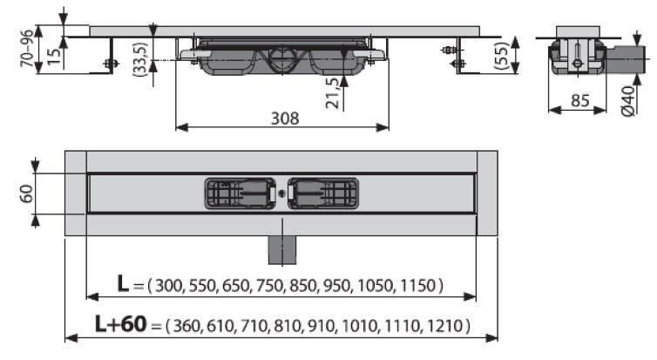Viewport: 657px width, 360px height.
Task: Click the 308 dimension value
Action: [285, 119]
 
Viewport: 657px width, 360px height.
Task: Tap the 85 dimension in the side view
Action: [580, 100]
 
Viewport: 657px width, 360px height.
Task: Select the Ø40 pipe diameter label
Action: [628, 101]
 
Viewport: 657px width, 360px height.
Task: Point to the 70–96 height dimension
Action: [27, 49]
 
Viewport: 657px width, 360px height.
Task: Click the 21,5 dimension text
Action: [333, 93]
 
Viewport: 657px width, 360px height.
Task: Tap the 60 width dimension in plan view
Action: [27, 194]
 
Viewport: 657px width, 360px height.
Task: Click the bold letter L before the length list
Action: [123, 283]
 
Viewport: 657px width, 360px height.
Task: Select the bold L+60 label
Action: [120, 323]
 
